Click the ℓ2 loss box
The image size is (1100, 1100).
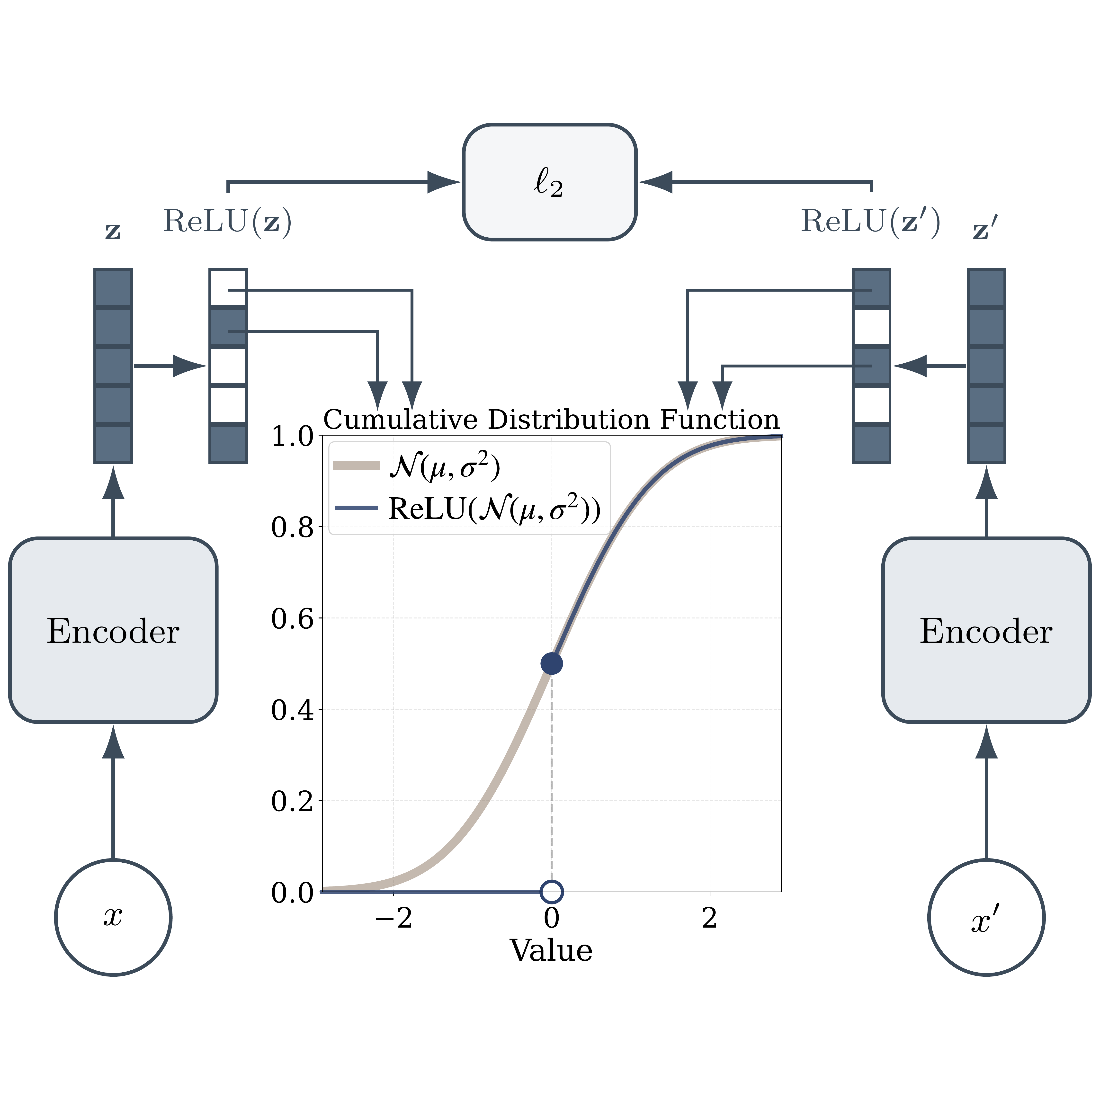pos(549,182)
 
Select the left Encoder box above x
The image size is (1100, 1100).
pos(113,630)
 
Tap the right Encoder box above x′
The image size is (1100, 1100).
pos(986,630)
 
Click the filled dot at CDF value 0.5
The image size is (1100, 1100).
pos(551,663)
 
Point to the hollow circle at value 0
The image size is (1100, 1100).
pos(551,892)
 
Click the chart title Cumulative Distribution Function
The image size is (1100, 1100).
pos(551,420)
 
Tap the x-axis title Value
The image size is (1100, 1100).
pos(551,951)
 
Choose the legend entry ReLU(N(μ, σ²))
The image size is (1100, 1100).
pos(494,509)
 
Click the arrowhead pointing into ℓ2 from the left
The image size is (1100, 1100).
pos(443,182)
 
